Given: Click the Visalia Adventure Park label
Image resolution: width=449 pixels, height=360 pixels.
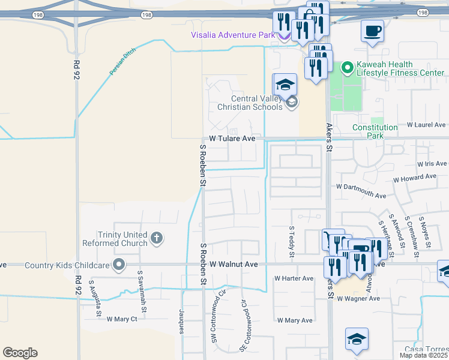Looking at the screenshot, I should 232,35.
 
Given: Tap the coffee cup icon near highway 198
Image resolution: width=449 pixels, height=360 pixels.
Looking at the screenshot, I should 372,30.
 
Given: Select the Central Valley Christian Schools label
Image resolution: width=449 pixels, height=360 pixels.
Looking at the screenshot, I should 256,103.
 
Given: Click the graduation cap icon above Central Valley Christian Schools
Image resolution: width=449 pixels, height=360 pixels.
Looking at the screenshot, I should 285,83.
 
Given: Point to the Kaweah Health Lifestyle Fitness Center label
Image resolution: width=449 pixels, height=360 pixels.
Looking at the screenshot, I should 400,68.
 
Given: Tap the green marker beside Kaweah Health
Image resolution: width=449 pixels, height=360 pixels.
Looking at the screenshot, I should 346,68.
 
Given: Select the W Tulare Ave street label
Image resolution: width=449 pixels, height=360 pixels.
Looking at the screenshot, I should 232,139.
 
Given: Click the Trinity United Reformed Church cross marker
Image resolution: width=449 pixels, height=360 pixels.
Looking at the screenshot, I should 156,238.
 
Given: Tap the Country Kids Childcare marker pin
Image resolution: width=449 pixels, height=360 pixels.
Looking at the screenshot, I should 119,264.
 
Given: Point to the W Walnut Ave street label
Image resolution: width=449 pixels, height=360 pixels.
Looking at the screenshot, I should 234,264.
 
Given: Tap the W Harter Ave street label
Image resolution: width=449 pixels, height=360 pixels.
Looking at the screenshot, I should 294,278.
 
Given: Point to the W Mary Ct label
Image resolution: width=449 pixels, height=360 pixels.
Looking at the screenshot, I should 122,319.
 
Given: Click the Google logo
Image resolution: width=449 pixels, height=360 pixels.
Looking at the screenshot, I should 20,353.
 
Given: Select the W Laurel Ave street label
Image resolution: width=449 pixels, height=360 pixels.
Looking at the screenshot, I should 427,125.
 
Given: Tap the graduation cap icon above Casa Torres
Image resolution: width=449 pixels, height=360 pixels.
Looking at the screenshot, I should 357,339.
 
